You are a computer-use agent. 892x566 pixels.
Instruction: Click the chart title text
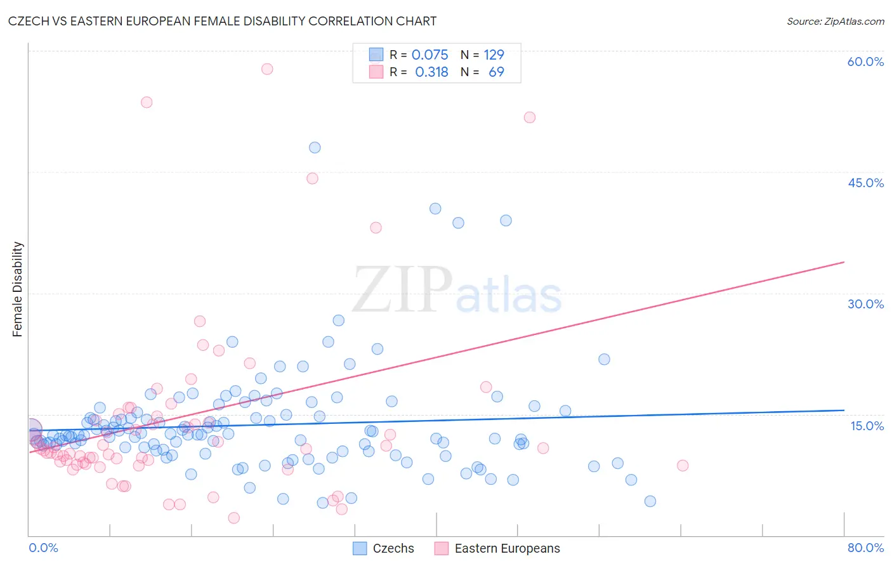tap(222, 21)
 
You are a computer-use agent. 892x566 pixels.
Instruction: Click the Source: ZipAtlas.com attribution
tap(835, 21)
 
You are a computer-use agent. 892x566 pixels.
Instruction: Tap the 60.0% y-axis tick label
tap(865, 62)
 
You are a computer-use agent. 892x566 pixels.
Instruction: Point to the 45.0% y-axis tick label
tap(865, 183)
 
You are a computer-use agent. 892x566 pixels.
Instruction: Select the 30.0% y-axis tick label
tap(865, 304)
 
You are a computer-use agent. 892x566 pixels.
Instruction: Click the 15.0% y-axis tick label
tap(867, 426)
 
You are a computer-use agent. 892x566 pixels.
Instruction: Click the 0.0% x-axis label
tap(43, 548)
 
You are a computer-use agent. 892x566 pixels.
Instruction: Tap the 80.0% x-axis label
tap(865, 548)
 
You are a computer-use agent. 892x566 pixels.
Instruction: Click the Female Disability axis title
tap(18, 289)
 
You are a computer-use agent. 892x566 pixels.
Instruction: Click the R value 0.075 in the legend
tap(430, 55)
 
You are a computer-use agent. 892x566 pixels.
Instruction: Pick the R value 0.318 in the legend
tap(431, 72)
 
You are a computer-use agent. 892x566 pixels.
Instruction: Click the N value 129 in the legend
tap(494, 55)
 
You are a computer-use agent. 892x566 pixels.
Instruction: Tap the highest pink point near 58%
tap(267, 69)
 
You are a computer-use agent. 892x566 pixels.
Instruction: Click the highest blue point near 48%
tap(315, 148)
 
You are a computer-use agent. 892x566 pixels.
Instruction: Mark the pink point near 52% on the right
tap(530, 117)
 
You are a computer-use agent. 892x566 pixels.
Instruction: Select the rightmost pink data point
tap(683, 466)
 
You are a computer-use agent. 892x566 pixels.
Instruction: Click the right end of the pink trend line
tap(844, 262)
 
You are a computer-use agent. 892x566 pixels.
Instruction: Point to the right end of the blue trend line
tap(844, 411)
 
